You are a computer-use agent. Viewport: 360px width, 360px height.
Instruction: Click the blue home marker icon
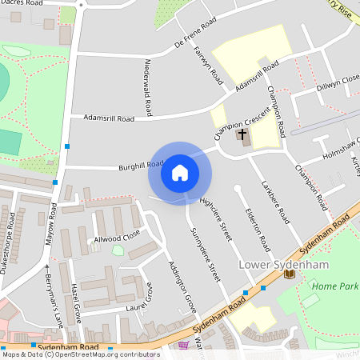pos(179,173)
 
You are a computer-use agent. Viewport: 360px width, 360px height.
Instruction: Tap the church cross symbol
pos(243,136)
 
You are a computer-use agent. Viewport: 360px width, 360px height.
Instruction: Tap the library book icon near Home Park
pos(290,274)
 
